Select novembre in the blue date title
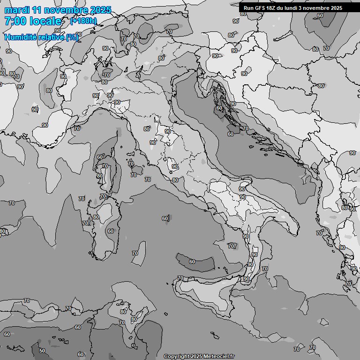click(68, 10)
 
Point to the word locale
click(45, 21)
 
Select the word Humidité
click(21, 37)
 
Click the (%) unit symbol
click(72, 37)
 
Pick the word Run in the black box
click(249, 8)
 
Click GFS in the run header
click(261, 8)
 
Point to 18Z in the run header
click(272, 8)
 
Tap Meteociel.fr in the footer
click(218, 356)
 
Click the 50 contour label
click(42, 351)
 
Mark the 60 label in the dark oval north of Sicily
click(192, 262)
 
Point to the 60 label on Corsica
click(100, 157)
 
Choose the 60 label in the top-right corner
click(320, 15)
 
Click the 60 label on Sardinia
click(111, 231)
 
